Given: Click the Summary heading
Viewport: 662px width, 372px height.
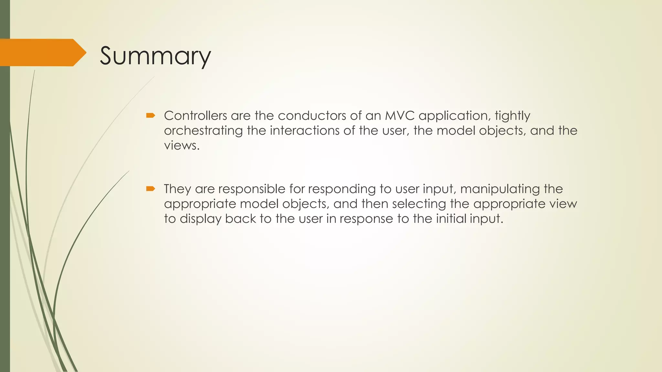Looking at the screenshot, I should tap(155, 56).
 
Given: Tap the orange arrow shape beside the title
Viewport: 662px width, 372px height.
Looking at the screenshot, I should tap(42, 53).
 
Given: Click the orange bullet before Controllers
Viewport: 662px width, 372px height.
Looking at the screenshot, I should tap(151, 115).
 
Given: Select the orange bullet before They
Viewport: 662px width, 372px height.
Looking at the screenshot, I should tap(151, 189).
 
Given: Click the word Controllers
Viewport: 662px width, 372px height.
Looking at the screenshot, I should tap(195, 116).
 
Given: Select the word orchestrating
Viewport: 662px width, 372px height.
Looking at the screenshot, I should tap(203, 131).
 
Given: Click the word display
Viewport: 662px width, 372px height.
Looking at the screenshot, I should tap(200, 219).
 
